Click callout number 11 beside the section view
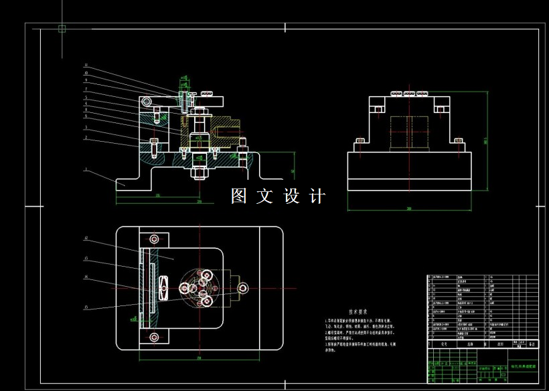click(x=86, y=66)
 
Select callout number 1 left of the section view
click(x=86, y=170)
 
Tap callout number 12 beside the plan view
click(x=86, y=239)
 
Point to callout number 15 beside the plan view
click(x=86, y=307)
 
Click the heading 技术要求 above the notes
click(x=359, y=311)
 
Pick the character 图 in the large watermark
click(x=240, y=197)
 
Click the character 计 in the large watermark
click(x=317, y=197)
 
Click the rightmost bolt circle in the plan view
click(x=242, y=287)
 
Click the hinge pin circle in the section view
click(x=155, y=110)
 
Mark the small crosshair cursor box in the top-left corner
click(x=62, y=28)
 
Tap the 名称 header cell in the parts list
click(x=469, y=345)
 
